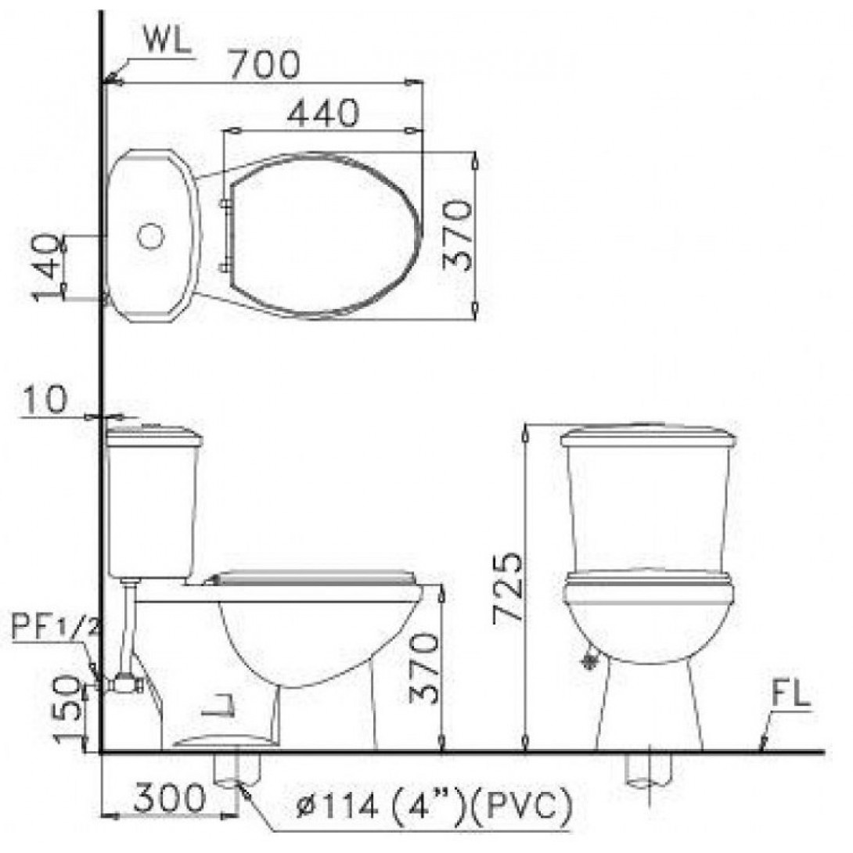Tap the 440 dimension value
point(322,114)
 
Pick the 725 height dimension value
point(506,588)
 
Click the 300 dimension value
point(169,800)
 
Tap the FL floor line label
point(790,694)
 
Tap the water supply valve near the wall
point(121,684)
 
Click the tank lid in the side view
point(154,436)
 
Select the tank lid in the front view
point(649,436)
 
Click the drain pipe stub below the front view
point(649,771)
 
